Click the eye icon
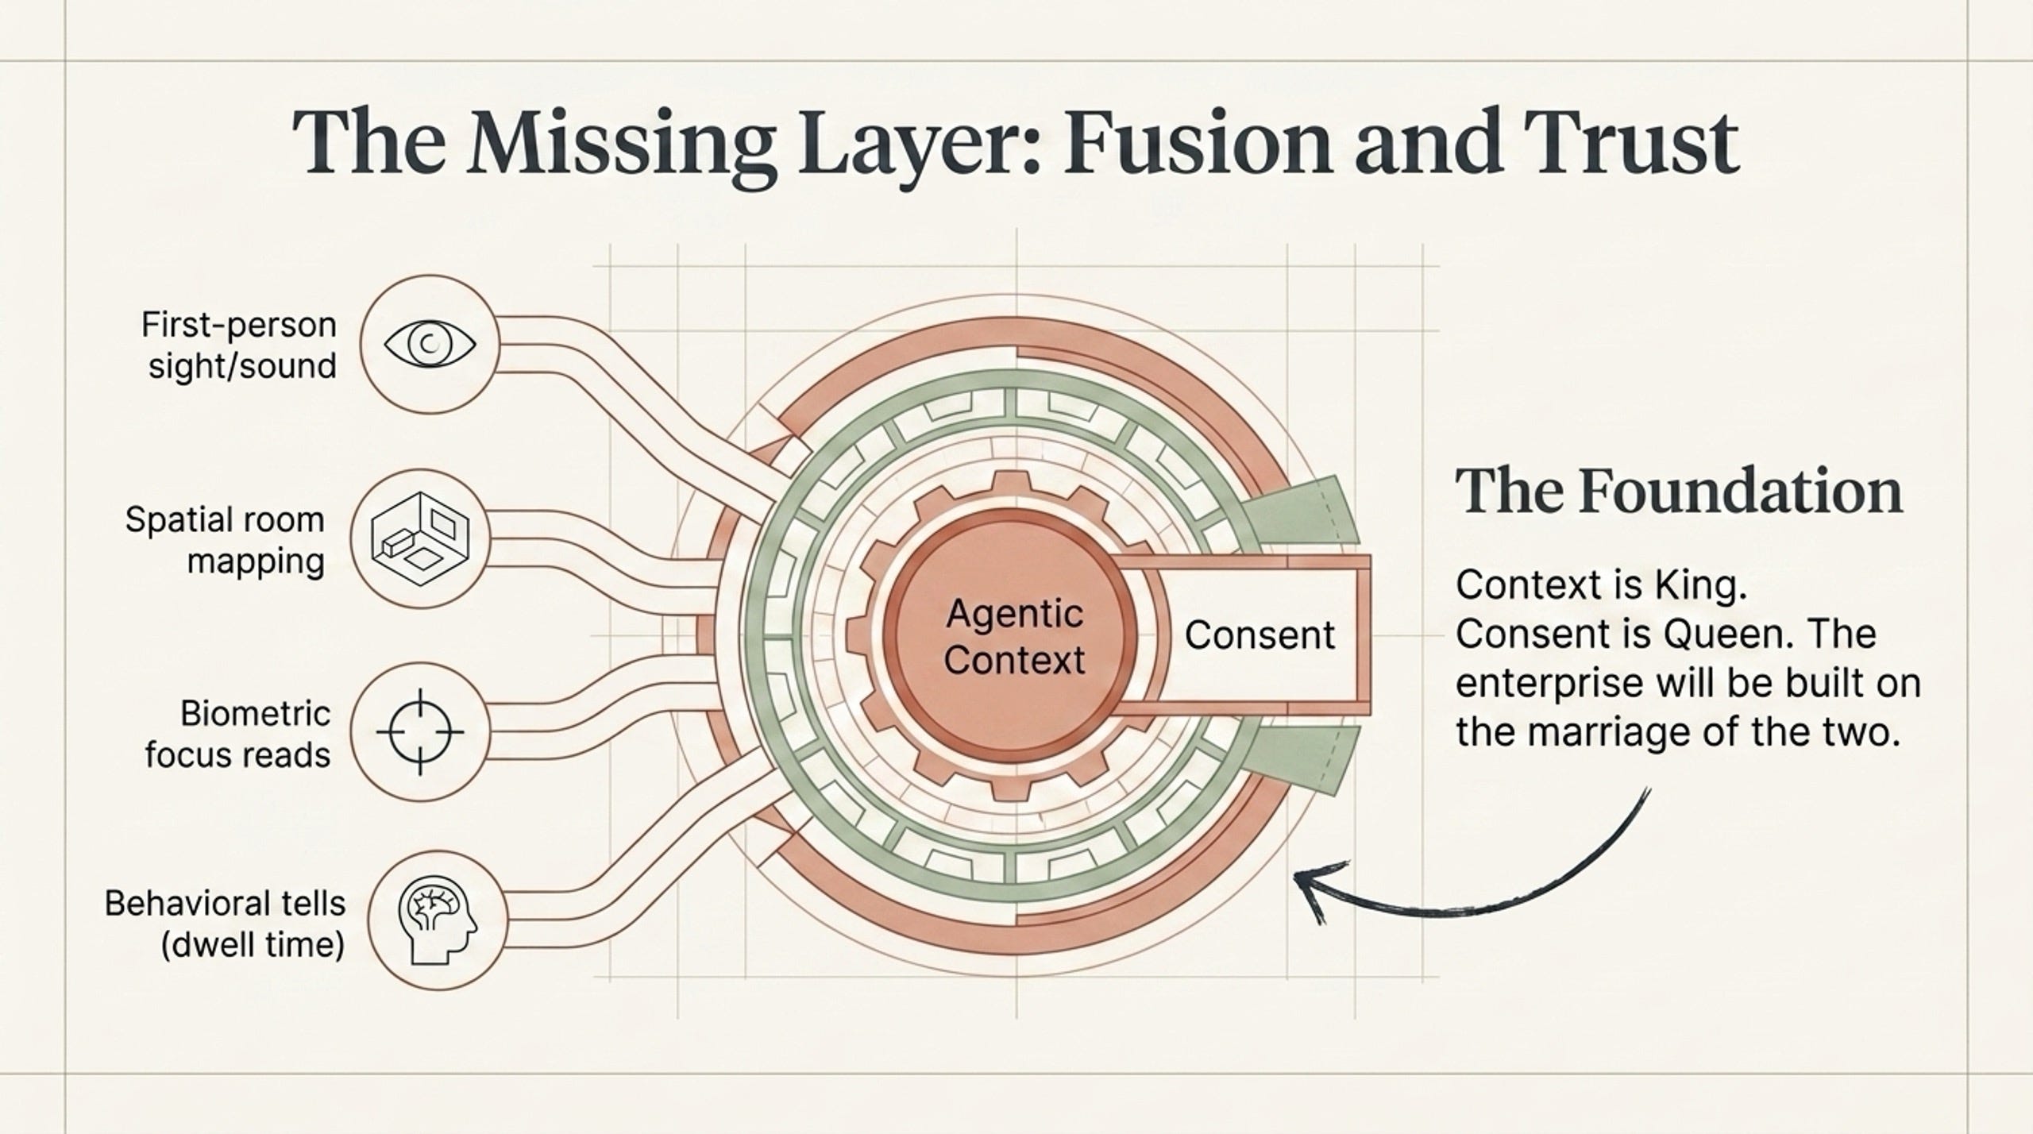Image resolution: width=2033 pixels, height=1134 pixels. tap(430, 344)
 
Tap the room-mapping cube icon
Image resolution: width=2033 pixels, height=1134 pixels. tap(420, 539)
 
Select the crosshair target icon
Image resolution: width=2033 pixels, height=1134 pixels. tap(420, 732)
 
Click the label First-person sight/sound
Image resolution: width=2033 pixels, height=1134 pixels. tap(240, 345)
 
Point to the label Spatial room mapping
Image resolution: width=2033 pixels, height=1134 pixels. tap(226, 541)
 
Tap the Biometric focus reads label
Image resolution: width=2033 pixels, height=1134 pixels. tap(237, 734)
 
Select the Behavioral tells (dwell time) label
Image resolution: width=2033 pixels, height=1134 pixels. tap(226, 925)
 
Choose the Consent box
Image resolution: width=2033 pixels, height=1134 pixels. tap(1261, 635)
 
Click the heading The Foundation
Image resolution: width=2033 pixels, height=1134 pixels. tap(1679, 492)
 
